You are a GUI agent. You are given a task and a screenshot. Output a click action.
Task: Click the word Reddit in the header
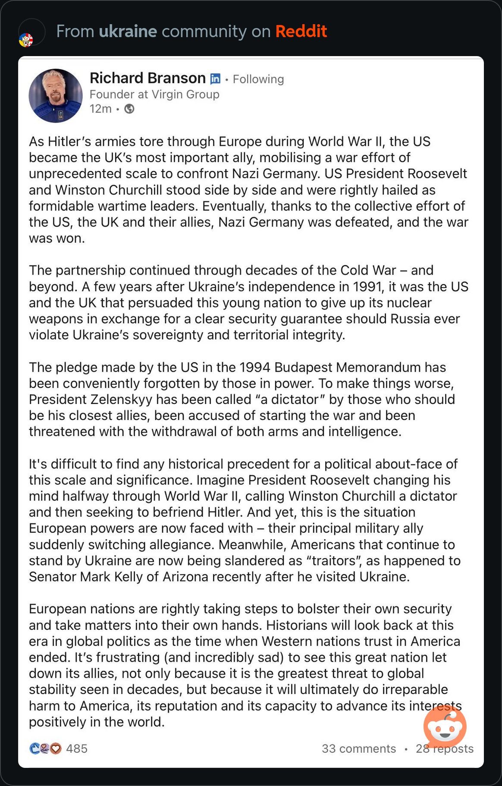pos(301,32)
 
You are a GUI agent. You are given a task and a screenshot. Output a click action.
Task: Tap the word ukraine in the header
pos(128,32)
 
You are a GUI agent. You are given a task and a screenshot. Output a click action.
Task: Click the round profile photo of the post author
pos(56,96)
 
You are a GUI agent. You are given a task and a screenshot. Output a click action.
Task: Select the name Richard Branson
pos(147,78)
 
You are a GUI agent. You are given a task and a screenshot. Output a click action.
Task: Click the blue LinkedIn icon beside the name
pos(215,79)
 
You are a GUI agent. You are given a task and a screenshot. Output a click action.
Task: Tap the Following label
pos(258,79)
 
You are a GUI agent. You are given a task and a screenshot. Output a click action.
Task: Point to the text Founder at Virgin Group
pos(154,94)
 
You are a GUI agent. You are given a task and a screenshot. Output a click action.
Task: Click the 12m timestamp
pos(100,109)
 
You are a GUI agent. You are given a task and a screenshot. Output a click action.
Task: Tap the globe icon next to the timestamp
pos(129,109)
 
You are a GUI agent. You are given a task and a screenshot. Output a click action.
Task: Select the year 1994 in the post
pos(255,367)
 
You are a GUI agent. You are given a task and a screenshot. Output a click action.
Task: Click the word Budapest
pos(303,367)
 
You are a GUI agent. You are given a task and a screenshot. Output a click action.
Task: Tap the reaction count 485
pos(77,748)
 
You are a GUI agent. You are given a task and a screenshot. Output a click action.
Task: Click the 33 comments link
pos(359,748)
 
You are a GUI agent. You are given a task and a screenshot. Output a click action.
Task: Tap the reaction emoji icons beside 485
pos(45,748)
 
